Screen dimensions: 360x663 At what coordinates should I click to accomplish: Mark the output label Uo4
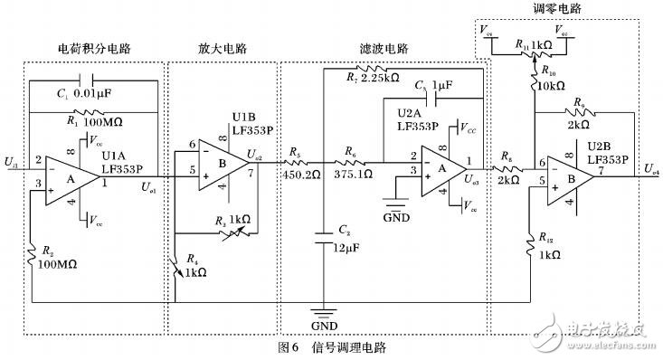click(x=651, y=169)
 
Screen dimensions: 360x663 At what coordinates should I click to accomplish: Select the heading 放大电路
click(x=222, y=47)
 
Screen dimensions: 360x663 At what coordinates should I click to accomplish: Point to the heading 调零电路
click(x=558, y=8)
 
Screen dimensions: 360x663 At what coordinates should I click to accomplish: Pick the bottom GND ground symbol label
click(x=325, y=323)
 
